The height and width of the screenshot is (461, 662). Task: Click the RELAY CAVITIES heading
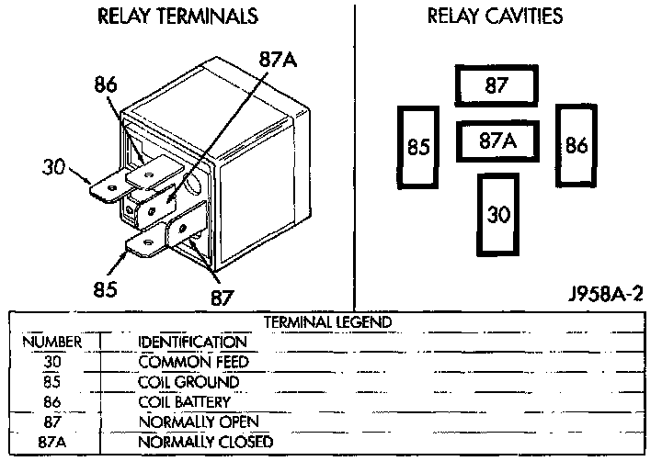(495, 17)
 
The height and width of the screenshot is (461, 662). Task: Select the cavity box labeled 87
(496, 85)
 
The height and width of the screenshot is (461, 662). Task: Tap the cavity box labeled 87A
(496, 142)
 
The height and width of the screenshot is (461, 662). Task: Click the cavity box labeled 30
(497, 215)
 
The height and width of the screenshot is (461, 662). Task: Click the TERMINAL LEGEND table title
(328, 322)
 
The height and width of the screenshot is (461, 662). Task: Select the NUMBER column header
(52, 342)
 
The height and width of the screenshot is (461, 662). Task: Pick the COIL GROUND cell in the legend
(188, 382)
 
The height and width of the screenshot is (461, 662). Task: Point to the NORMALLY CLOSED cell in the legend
(205, 443)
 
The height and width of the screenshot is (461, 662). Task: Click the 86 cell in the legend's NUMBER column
(52, 402)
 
